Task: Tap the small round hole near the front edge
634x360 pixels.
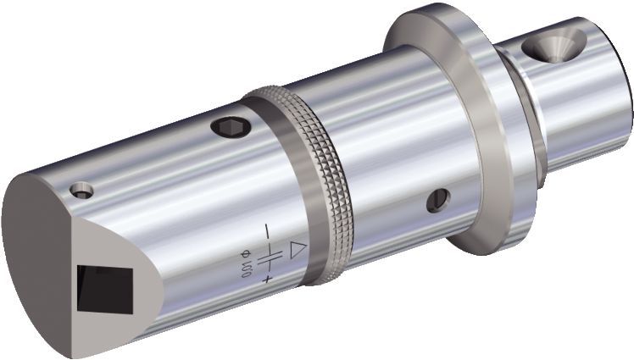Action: coord(81,191)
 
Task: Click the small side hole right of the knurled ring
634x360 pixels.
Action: coord(439,200)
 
